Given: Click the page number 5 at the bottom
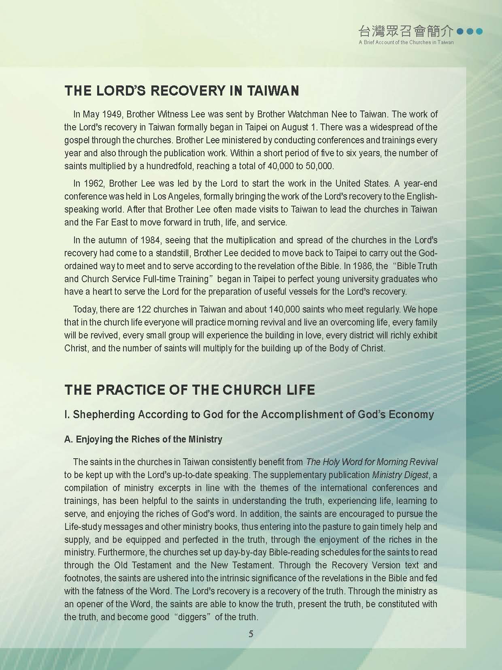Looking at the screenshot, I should [x=251, y=634].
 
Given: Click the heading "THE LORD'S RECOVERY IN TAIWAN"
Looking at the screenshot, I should [x=182, y=90].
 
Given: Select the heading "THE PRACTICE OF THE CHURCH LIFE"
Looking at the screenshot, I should [x=189, y=389].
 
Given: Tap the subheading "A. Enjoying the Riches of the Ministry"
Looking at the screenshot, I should [x=143, y=439].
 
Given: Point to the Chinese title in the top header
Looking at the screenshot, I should [x=406, y=31].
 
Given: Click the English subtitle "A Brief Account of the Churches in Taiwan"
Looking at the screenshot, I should [x=406, y=42].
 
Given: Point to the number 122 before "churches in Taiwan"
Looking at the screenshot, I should [x=145, y=310].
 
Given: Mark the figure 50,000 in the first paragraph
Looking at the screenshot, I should [x=319, y=166].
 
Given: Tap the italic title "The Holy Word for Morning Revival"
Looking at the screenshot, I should [x=372, y=462].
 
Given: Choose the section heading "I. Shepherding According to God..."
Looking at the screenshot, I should [x=249, y=415].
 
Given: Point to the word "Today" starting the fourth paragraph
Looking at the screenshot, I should [x=85, y=310].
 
